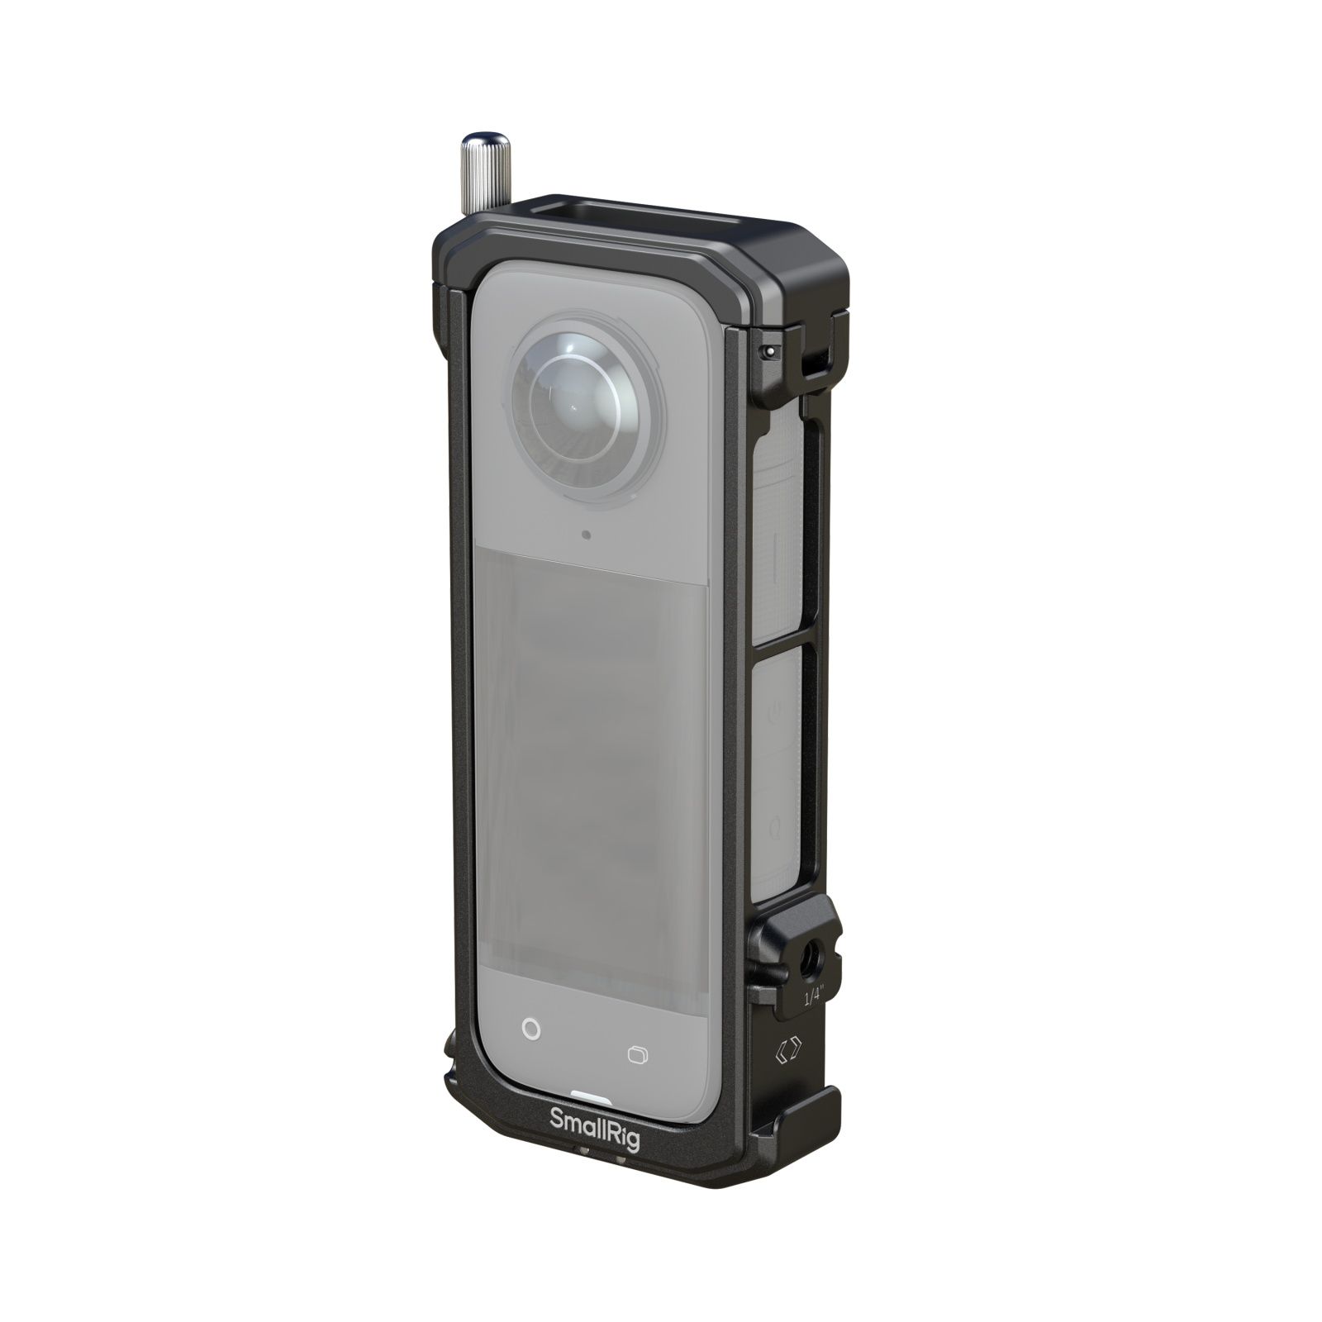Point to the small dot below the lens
tap(586, 535)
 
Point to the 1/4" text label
tap(814, 997)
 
